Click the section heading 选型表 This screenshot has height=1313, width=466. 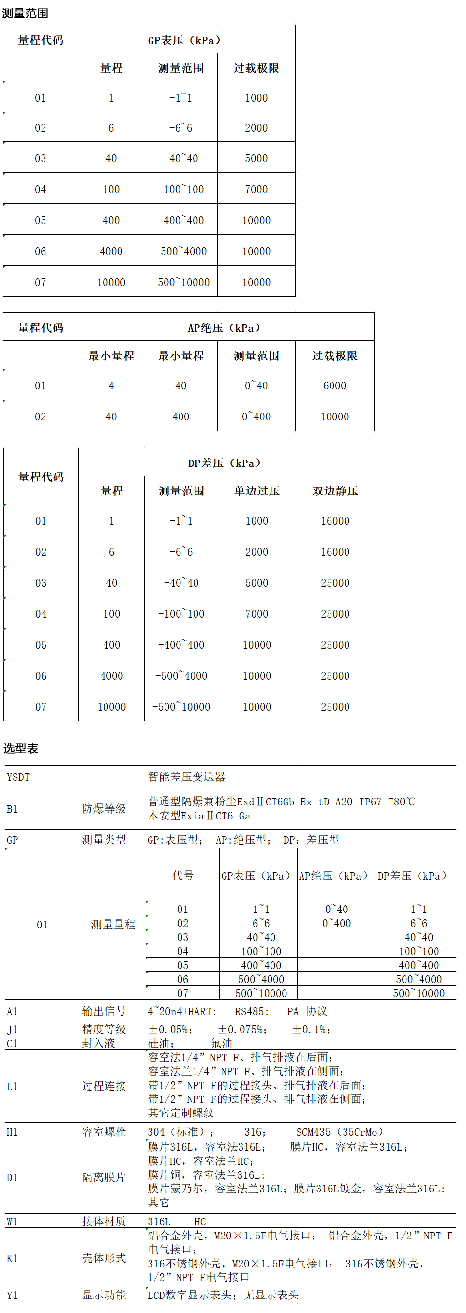[x=21, y=748]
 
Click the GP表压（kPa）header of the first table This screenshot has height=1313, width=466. [x=184, y=40]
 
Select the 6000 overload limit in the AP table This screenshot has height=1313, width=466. [x=334, y=386]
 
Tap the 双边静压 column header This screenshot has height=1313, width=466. [x=335, y=491]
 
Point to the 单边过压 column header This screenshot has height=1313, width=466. [x=256, y=491]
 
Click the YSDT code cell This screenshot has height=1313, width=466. [x=18, y=777]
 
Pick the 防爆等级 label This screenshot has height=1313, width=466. [x=104, y=808]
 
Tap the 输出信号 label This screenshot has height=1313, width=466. [x=104, y=1011]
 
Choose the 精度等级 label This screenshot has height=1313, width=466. [x=104, y=1029]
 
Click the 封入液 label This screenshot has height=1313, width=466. [x=98, y=1043]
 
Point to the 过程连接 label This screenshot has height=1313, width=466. [x=104, y=1086]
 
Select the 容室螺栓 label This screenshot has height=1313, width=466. [x=104, y=1131]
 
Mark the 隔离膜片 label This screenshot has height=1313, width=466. [x=104, y=1177]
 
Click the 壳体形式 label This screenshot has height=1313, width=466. [x=104, y=1258]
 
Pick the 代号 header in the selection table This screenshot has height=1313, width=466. [x=182, y=875]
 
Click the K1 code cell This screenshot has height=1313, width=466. [x=12, y=1258]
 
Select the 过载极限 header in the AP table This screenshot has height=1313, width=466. [x=334, y=356]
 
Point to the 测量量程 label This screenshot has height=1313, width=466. [x=113, y=924]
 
